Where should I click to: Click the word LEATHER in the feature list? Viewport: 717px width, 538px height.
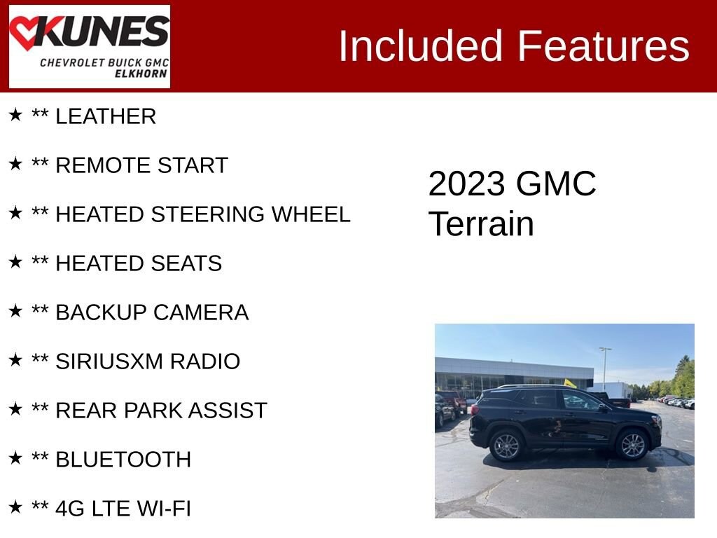[106, 117]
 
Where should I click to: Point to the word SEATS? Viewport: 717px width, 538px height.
[188, 263]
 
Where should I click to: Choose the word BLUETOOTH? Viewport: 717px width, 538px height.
[123, 460]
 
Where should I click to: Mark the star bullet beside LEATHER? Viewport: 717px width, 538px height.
[15, 115]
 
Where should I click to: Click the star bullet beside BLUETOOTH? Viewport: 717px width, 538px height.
[15, 458]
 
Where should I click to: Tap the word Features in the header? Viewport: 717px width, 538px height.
[604, 46]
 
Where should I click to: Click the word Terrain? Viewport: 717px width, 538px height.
[481, 224]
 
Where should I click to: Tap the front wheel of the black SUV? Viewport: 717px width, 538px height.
[633, 445]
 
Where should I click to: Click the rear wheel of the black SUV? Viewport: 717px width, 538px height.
[506, 446]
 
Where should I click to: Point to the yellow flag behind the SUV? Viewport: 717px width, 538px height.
[570, 383]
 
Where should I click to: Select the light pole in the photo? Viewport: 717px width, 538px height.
[605, 367]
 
